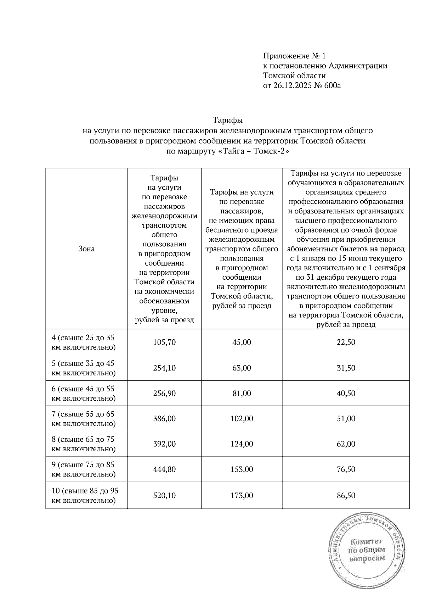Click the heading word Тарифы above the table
tap(227, 120)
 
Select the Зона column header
tap(86, 249)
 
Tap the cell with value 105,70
tap(164, 342)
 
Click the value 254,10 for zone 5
tap(164, 368)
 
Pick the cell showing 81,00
tap(242, 393)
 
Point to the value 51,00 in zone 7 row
tap(346, 419)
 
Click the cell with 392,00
tap(164, 444)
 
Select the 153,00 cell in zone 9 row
tap(242, 469)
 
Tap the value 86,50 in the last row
tap(346, 495)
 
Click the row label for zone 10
tap(85, 496)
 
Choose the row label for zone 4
tap(84, 342)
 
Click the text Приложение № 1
tap(294, 56)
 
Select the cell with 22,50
tap(346, 342)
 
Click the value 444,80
tap(164, 469)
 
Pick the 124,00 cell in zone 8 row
tap(242, 444)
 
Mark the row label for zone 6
tap(84, 394)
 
